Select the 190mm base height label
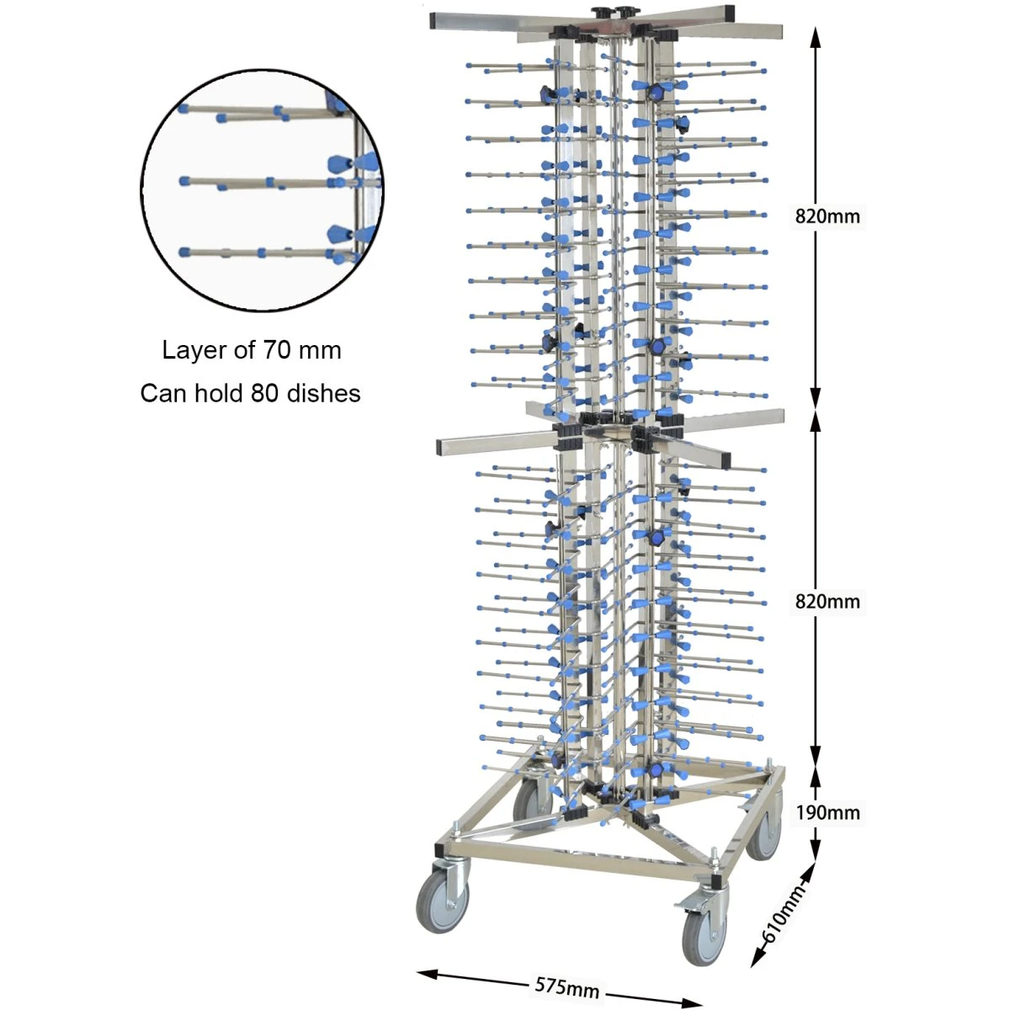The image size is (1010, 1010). click(827, 812)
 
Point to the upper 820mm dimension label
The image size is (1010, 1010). click(827, 216)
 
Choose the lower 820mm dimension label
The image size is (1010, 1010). click(827, 601)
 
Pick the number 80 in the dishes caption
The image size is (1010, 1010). click(265, 393)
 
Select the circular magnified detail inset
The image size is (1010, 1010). click(262, 189)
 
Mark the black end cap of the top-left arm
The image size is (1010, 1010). click(434, 19)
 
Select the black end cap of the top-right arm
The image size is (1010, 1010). click(729, 14)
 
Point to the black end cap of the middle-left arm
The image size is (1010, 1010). click(442, 445)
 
